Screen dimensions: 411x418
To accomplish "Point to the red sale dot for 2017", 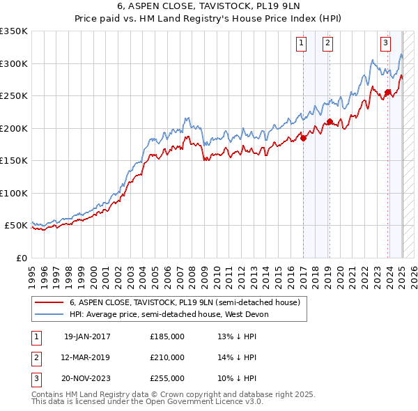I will pos(304,138).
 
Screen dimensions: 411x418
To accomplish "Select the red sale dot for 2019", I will pos(330,122).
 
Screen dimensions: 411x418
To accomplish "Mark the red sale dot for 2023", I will pos(387,93).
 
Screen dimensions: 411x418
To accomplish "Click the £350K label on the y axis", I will pos(14,31).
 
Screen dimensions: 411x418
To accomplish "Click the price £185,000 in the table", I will pos(167,336).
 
